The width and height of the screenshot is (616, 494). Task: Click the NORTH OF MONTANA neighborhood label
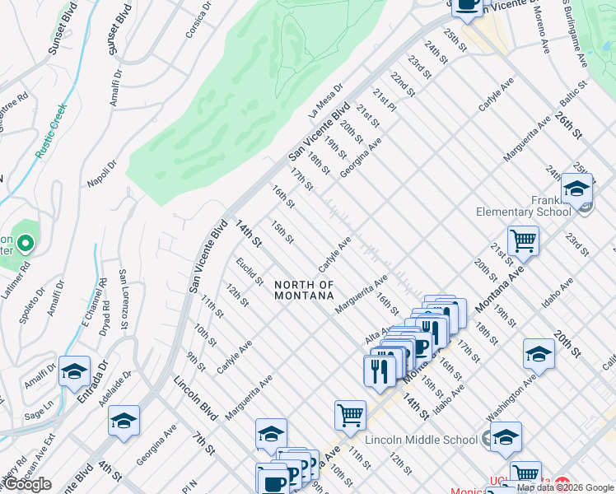[305, 290]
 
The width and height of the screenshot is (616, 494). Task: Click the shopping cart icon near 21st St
[523, 240]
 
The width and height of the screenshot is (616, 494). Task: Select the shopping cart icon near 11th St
[350, 414]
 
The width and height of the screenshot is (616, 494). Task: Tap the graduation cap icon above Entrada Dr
[74, 371]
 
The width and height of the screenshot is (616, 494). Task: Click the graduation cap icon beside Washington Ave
[539, 352]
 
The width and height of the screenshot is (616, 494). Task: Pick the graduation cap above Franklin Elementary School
[577, 188]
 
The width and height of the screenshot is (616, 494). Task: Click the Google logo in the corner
[27, 484]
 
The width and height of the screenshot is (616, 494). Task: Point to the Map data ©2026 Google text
[565, 487]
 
